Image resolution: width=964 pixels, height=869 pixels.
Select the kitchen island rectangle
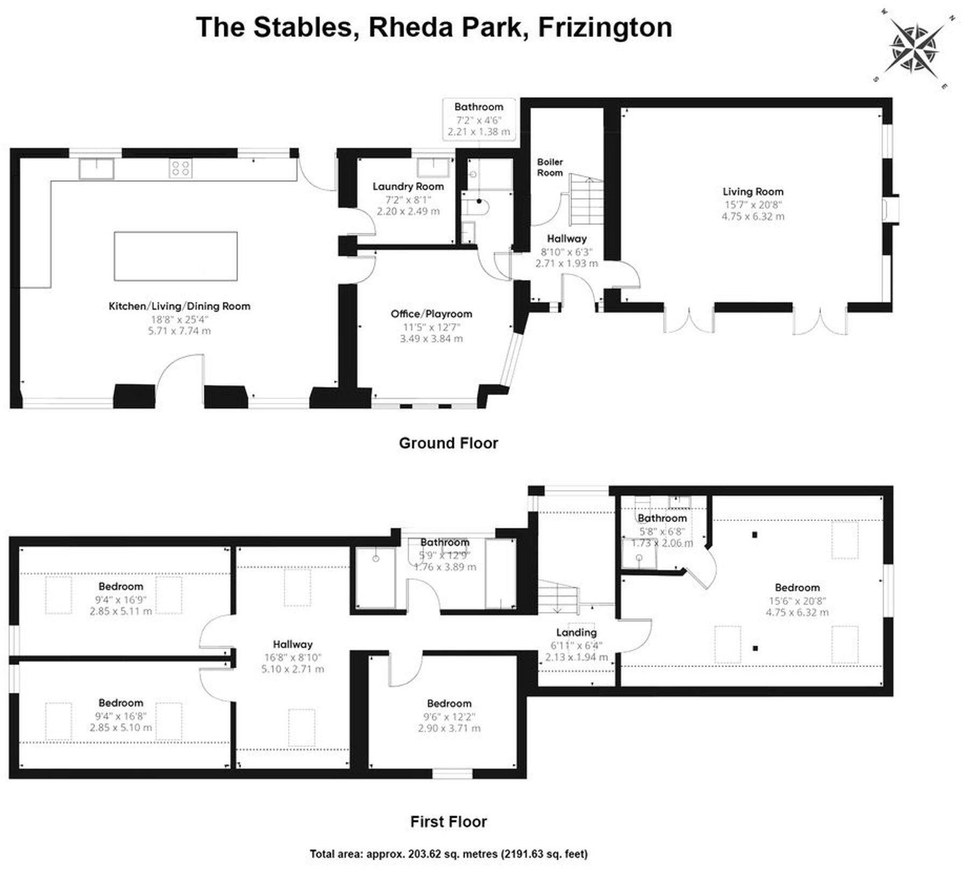point(175,256)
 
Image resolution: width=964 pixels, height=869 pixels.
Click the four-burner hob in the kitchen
point(180,168)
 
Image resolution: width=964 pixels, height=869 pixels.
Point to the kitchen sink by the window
point(97,168)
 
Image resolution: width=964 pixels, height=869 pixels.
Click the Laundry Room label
point(408,187)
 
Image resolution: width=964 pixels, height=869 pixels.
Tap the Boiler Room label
point(550,167)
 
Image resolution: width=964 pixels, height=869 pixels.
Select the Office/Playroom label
point(431,314)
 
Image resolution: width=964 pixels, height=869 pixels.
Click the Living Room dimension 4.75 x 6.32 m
point(753,217)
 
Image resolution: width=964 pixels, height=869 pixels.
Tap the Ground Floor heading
point(448,443)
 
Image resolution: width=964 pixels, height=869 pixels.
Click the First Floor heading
point(448,822)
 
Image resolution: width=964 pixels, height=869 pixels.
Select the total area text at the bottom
point(449,854)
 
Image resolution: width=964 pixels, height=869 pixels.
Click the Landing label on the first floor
point(576,632)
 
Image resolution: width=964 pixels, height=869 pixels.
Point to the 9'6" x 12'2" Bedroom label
point(449,703)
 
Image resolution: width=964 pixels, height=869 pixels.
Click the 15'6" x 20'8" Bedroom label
point(797,588)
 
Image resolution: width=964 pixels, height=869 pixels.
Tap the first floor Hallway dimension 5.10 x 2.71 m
point(293,669)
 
